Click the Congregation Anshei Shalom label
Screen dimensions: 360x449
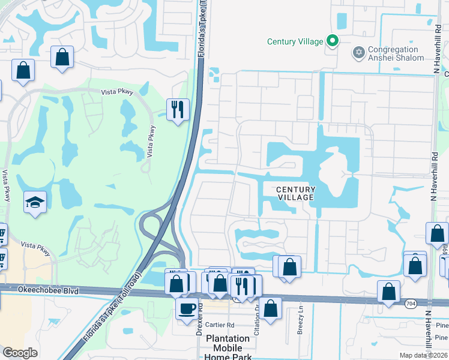point(394,54)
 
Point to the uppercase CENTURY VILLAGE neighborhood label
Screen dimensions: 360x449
point(295,193)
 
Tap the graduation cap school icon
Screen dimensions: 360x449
point(35,202)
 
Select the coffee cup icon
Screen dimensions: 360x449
point(187,308)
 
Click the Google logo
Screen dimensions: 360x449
point(20,353)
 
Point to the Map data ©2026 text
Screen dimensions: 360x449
point(424,355)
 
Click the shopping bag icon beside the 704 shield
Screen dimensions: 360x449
point(389,292)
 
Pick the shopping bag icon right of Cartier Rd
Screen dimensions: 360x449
point(271,308)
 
